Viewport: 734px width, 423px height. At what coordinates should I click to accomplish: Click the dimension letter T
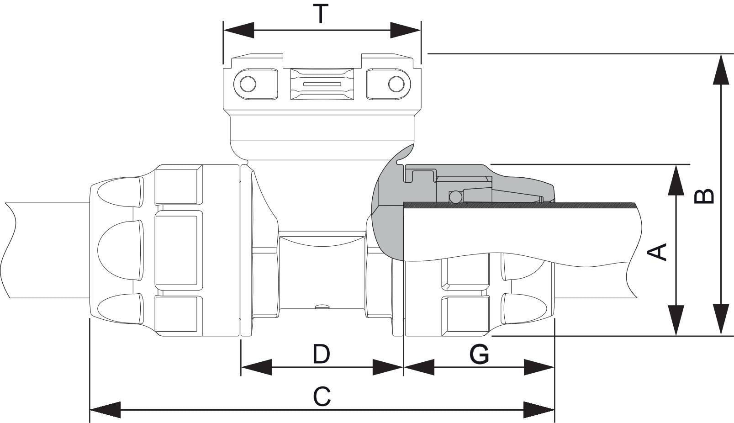(321, 14)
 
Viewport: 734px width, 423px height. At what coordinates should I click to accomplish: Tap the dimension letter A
(658, 252)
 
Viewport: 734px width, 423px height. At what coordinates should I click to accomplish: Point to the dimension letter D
(322, 354)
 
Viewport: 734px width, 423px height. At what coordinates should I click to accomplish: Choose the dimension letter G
(479, 354)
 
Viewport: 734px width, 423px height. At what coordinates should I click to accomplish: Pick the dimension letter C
(322, 397)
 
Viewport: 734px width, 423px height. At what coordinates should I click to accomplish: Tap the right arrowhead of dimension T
(406, 31)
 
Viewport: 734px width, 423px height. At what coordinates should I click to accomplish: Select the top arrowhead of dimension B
(721, 69)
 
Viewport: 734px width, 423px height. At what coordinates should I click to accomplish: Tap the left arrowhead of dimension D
(256, 367)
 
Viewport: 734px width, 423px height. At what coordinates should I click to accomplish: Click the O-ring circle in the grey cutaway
(455, 197)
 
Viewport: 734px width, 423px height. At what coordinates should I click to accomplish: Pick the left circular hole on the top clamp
(248, 84)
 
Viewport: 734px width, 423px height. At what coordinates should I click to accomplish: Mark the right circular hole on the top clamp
(396, 84)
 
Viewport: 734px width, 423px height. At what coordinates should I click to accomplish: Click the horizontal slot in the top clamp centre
(322, 85)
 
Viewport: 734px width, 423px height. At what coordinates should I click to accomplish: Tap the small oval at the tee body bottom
(322, 307)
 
